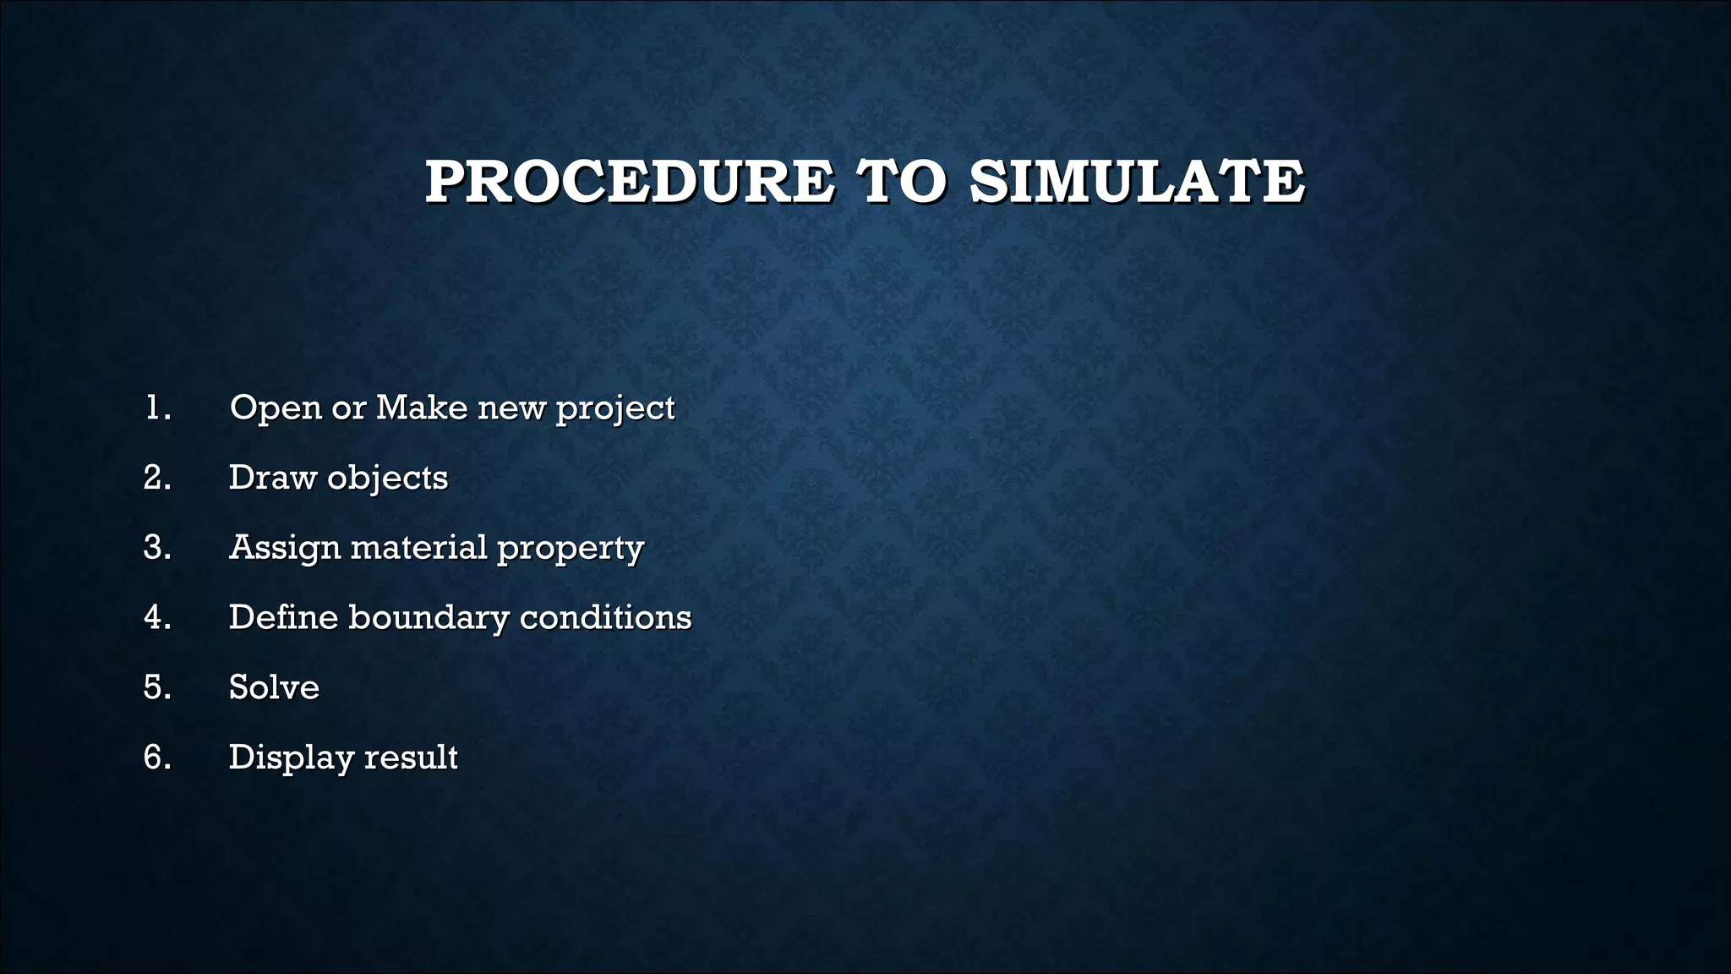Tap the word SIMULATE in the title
(1137, 182)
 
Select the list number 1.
(157, 408)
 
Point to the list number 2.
(157, 479)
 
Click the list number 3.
(157, 548)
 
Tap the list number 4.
(157, 618)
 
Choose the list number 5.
(157, 687)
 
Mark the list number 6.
(157, 758)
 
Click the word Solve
(274, 687)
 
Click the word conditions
(606, 618)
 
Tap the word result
(411, 758)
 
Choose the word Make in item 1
(422, 408)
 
